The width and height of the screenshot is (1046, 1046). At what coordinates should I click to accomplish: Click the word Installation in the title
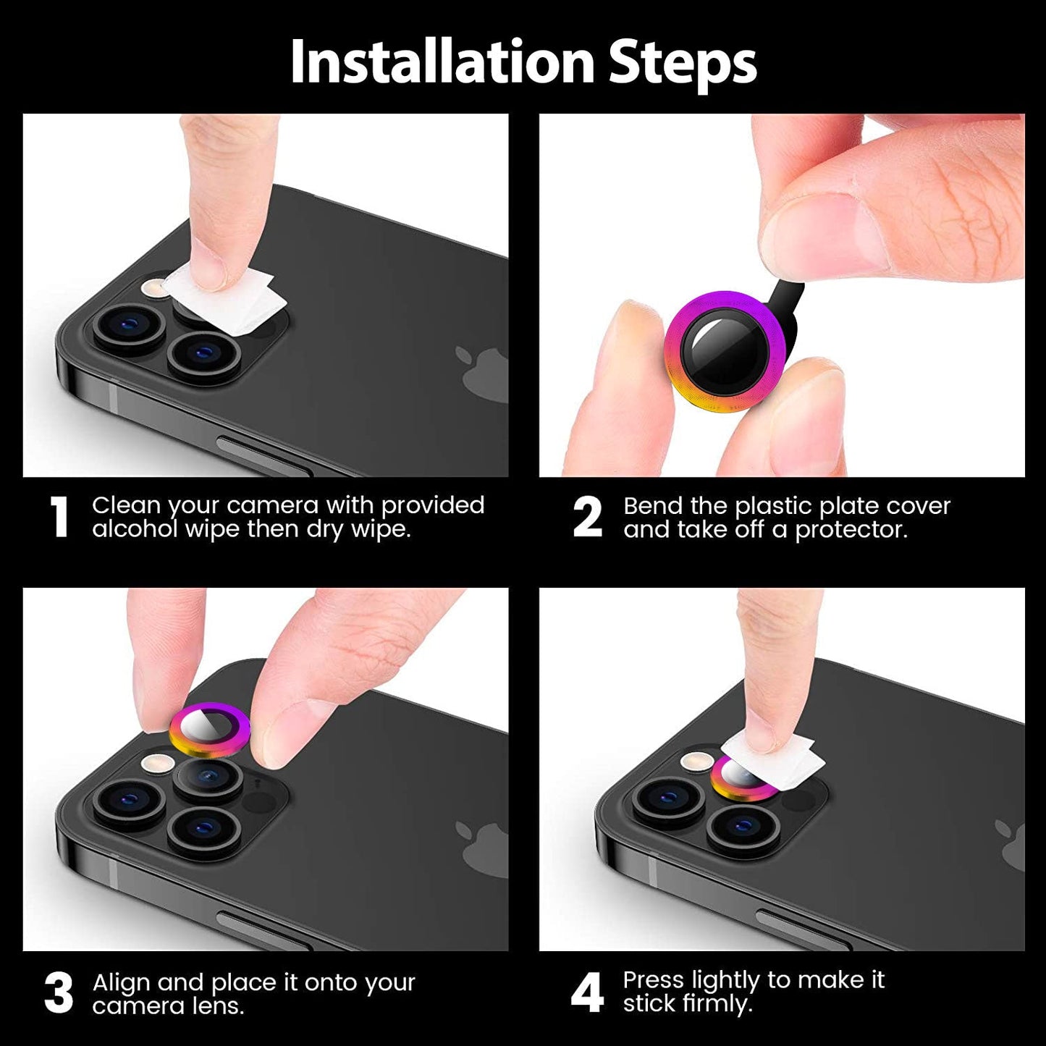tap(442, 62)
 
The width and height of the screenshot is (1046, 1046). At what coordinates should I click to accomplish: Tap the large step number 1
tap(59, 518)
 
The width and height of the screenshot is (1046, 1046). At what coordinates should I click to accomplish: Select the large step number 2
tap(587, 518)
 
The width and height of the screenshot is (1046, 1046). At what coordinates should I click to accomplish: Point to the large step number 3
tap(59, 993)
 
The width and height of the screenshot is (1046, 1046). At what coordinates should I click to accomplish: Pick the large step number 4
tap(587, 993)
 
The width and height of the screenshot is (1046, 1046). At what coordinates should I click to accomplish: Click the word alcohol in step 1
tap(135, 528)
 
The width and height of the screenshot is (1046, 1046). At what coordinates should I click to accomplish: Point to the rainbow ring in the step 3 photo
tap(209, 730)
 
